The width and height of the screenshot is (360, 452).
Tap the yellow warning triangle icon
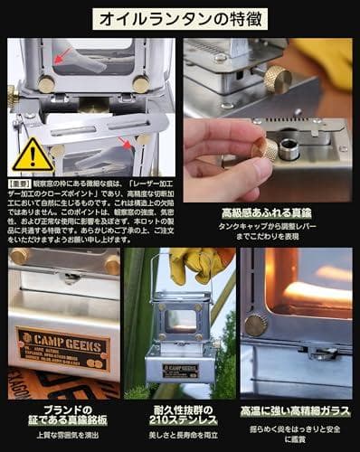32,155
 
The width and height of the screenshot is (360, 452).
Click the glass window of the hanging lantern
181,319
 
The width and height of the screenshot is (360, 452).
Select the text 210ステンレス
181,420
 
